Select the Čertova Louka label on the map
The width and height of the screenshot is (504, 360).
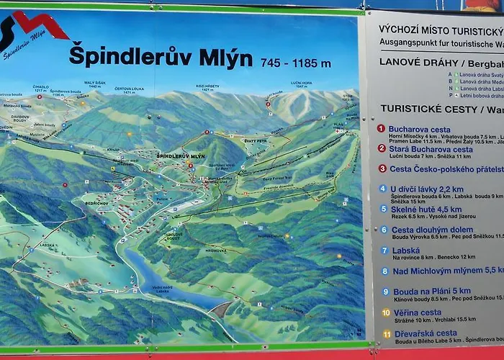[x=134, y=89]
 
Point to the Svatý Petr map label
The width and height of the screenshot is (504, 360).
[x=257, y=141]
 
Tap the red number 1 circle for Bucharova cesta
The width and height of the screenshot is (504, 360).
[x=381, y=129]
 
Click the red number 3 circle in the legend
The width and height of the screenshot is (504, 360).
[x=382, y=168]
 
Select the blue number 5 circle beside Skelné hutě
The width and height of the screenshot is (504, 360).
[x=383, y=209]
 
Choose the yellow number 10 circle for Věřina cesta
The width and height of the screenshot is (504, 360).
[x=386, y=312]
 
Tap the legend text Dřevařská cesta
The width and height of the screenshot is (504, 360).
[x=425, y=333]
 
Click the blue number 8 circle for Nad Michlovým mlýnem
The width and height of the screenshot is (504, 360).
[x=385, y=271]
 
